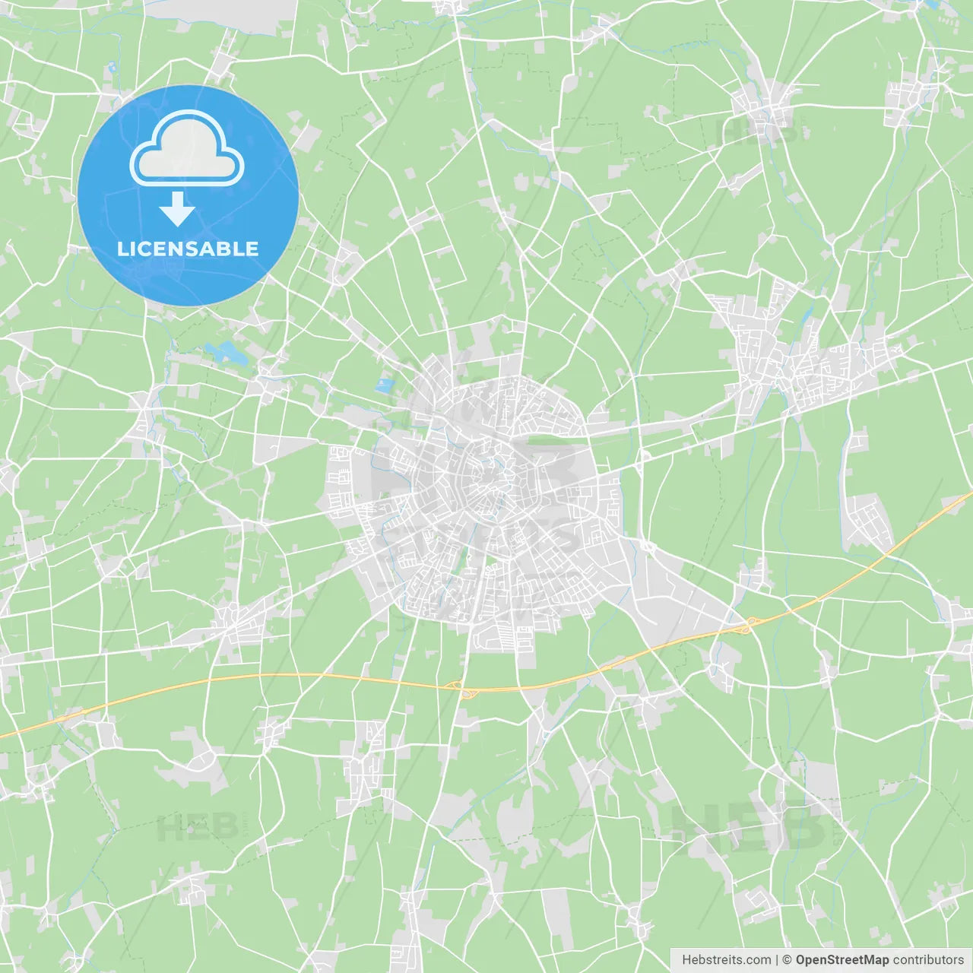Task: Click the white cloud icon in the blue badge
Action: [187, 150]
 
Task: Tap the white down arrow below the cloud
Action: [177, 210]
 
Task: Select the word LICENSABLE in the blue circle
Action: [188, 249]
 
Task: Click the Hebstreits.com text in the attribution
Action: [726, 960]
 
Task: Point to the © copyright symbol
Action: [788, 960]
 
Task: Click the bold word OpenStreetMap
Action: [842, 960]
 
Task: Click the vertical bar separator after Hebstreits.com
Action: [777, 960]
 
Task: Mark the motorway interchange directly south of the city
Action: [461, 688]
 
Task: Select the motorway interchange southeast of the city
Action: [749, 625]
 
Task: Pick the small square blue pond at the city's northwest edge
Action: [385, 385]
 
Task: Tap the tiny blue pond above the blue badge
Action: [113, 68]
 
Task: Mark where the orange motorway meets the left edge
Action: [2, 736]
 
